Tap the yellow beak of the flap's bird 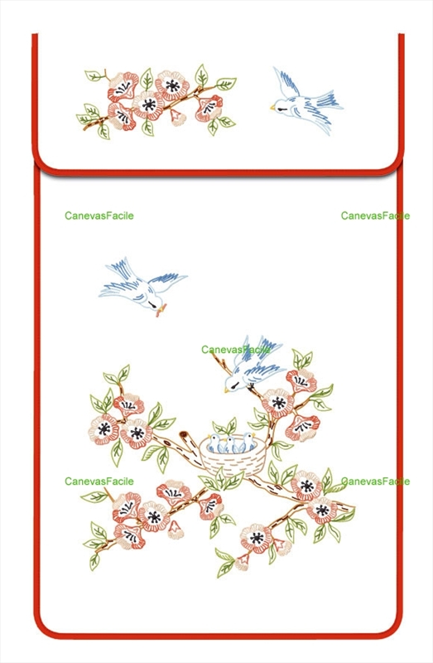click(272, 108)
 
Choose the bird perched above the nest click(253, 365)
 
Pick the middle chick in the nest click(230, 445)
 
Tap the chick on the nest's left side click(214, 443)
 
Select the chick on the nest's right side click(247, 443)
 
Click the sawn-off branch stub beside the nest click(184, 436)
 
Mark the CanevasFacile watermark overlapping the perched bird click(235, 350)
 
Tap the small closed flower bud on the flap click(178, 118)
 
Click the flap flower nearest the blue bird click(209, 109)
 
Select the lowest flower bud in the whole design click(242, 563)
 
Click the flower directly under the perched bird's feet click(277, 403)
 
